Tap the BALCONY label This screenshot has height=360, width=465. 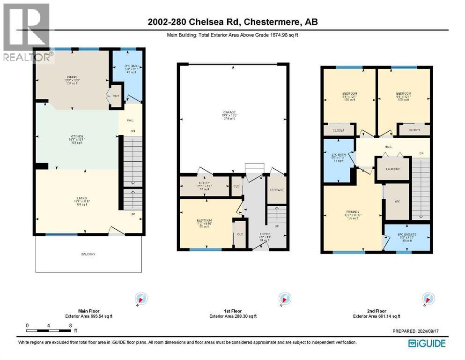[x=87, y=254]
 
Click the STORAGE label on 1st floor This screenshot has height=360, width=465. [x=277, y=190]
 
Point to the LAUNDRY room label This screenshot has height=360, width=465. [x=393, y=169]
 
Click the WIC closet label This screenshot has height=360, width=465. [x=396, y=202]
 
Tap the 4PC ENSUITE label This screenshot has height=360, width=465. [x=406, y=234]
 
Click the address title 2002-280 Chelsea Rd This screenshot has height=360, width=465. [x=232, y=23]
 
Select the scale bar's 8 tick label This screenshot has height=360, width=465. [x=70, y=325]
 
